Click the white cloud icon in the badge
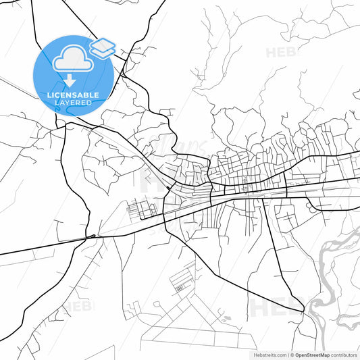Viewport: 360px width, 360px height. click(x=72, y=61)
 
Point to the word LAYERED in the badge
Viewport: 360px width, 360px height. click(x=72, y=104)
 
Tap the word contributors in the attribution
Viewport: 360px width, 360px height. click(x=344, y=354)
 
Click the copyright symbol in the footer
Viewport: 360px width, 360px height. click(x=291, y=354)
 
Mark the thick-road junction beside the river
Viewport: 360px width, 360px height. click(x=304, y=311)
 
